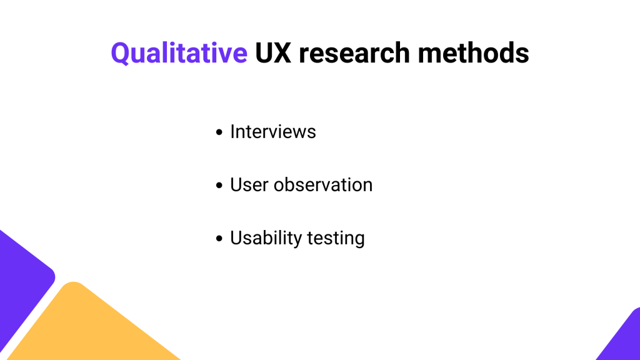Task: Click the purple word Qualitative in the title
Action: click(179, 54)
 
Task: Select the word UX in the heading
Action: click(273, 53)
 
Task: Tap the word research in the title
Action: click(354, 53)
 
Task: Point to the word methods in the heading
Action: click(474, 53)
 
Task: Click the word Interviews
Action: click(273, 132)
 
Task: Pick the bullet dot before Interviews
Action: click(219, 132)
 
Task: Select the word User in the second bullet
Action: click(249, 185)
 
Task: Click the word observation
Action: click(323, 185)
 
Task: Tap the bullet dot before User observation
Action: click(219, 185)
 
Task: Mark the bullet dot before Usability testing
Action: click(219, 238)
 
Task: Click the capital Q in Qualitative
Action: click(121, 54)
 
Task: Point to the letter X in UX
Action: click(282, 53)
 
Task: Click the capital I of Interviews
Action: click(232, 132)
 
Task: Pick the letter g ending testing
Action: click(359, 241)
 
